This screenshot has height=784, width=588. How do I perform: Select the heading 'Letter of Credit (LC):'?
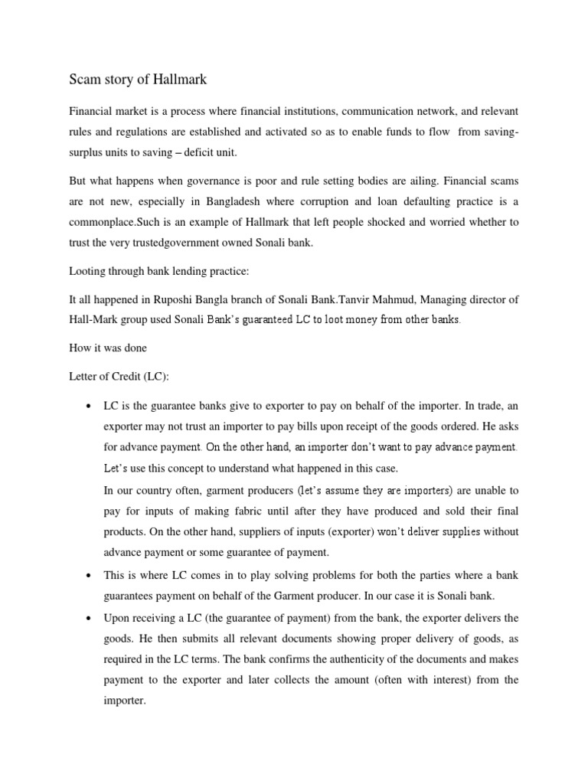pos(119,376)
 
